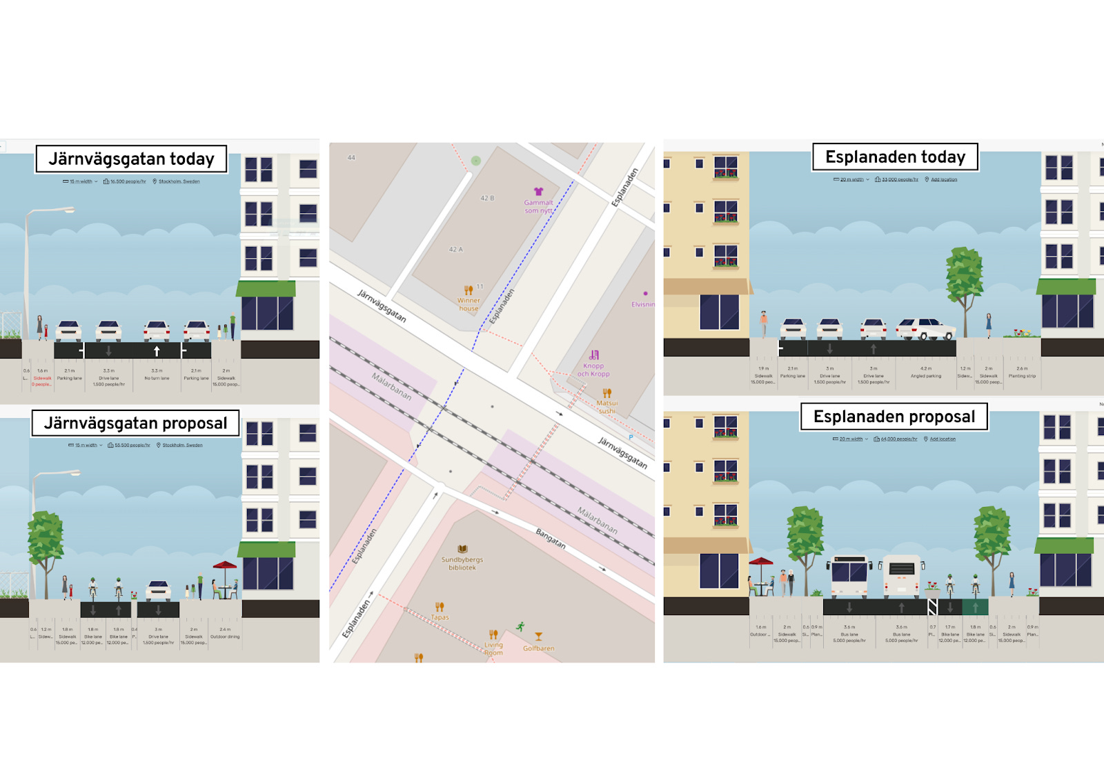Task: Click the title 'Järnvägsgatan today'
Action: [x=131, y=159]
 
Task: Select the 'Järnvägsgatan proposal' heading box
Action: [x=135, y=423]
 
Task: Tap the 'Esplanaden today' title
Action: [x=895, y=157]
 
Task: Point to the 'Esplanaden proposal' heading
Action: [x=894, y=417]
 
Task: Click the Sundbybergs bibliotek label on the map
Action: [x=462, y=563]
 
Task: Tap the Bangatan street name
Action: [x=551, y=539]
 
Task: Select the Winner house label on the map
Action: [x=469, y=303]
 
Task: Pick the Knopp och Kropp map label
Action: [x=593, y=370]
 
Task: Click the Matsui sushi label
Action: [x=607, y=406]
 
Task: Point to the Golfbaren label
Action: [x=538, y=648]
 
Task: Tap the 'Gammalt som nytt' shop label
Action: [x=538, y=206]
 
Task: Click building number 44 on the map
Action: [x=351, y=158]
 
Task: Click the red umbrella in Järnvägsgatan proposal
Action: [x=224, y=567]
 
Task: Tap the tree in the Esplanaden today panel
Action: [x=964, y=272]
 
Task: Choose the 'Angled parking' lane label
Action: [x=925, y=376]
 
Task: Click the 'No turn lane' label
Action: [x=157, y=378]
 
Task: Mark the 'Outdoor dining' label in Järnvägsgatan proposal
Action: [x=225, y=637]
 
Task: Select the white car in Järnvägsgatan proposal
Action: [x=158, y=590]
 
